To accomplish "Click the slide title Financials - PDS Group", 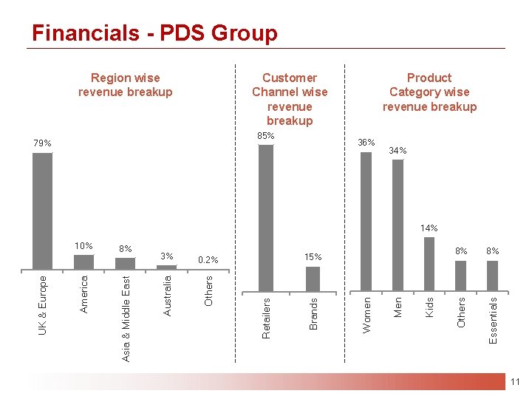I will click(154, 33).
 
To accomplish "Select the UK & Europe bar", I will click(43, 211).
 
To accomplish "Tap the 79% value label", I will click(43, 143).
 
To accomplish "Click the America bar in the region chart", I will click(84, 262).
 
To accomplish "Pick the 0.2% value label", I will click(208, 260).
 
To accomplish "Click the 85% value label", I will click(266, 136).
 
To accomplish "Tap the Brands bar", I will click(313, 279).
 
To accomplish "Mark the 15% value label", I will click(313, 257).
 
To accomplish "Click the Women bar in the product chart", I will click(366, 221).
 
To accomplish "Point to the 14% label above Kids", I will click(429, 228).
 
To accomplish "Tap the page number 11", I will click(515, 382).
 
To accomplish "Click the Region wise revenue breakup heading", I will click(126, 85).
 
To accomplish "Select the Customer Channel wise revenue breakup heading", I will click(290, 99).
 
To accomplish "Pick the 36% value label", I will click(366, 143).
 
